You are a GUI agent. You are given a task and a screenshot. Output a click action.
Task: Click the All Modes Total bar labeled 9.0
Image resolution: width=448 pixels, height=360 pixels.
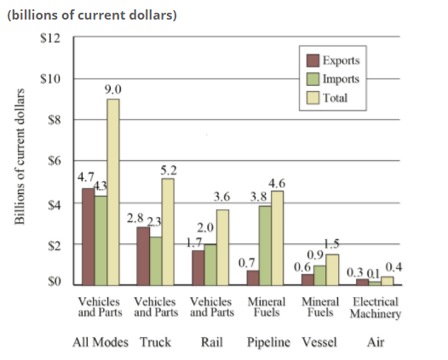click(113, 191)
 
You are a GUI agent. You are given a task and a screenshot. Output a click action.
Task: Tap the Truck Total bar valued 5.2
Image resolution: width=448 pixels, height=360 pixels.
click(168, 231)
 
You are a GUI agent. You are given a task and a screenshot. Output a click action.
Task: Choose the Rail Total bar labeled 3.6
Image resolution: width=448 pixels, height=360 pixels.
click(222, 247)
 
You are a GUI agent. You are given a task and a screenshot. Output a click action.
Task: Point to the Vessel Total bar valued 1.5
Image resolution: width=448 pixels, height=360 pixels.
click(331, 269)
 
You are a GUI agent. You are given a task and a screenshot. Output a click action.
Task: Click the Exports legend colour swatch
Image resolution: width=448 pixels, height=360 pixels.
click(312, 61)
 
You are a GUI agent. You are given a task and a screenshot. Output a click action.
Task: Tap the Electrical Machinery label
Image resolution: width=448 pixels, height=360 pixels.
click(376, 307)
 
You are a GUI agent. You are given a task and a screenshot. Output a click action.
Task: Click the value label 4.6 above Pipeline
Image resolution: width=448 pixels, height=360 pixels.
click(277, 183)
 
